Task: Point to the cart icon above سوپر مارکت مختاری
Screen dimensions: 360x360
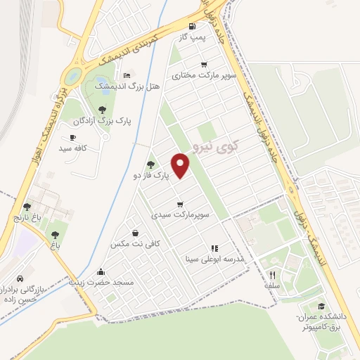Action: click(204, 65)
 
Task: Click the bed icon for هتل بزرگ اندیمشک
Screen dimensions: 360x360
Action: click(127, 75)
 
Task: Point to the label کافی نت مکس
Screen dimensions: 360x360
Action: click(136, 243)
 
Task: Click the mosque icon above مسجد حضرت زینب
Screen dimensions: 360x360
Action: click(101, 272)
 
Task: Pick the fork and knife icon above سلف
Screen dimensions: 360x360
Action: click(272, 276)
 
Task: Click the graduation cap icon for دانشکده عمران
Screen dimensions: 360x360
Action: click(321, 307)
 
